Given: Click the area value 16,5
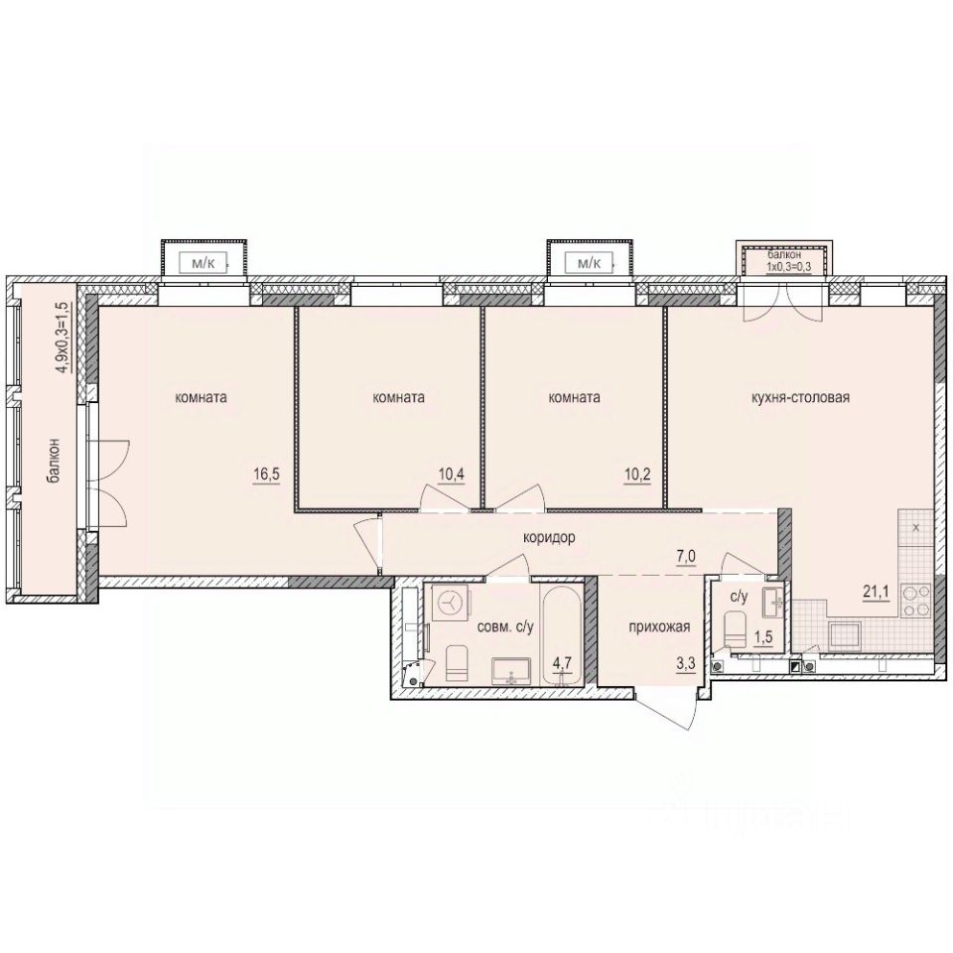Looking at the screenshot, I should pos(266,476).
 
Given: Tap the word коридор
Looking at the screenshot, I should pos(551,537).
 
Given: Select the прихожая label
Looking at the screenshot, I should pos(658,626).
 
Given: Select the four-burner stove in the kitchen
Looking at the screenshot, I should pos(914,599).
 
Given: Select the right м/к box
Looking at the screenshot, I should pos(590,263).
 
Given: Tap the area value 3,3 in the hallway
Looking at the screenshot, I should pos(685,663).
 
